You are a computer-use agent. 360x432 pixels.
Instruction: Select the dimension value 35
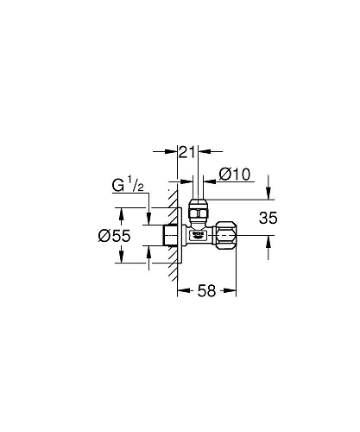[x=268, y=219]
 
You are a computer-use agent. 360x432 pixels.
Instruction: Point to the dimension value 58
[x=205, y=292]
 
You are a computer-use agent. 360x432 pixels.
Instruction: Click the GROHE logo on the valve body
[x=198, y=233]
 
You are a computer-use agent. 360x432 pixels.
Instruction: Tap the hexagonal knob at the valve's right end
[x=228, y=233]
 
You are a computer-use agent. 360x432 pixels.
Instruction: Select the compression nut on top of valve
[x=198, y=211]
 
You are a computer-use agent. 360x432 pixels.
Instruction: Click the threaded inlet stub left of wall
[x=169, y=234]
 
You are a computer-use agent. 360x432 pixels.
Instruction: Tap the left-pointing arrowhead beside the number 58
[x=182, y=292]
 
